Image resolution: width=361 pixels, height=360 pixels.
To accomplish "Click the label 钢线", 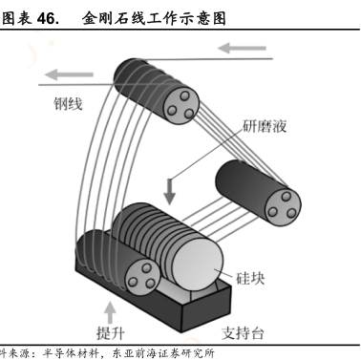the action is pos(68,104).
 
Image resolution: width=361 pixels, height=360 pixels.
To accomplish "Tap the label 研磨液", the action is pos(265,126).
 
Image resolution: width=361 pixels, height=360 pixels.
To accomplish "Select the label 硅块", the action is pos(250,279).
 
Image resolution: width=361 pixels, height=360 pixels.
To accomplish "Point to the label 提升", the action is pos(111,333).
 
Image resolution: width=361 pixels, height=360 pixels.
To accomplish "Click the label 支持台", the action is pos(243,333).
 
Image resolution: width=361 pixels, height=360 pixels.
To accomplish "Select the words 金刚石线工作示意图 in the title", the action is pos(154,18).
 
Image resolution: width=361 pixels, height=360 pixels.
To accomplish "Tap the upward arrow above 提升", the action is pos(111,313).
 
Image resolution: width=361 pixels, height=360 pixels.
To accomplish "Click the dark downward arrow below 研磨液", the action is pos(170,192).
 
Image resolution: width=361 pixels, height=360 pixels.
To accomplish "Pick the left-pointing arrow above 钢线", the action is pos(69,74).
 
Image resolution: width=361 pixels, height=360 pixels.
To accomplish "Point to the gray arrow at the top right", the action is pos(242,49).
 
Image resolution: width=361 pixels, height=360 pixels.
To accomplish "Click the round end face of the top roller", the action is pos(181,105).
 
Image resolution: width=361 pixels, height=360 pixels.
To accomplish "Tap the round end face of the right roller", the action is pos(283,204).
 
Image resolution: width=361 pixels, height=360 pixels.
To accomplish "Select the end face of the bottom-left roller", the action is pos(142,276).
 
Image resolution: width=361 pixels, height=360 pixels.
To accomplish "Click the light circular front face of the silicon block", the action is pos(198,264).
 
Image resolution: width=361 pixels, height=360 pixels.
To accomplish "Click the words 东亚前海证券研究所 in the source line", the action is pos(163,353).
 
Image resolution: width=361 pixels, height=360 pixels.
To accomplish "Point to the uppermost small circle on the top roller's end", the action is pos(184,95).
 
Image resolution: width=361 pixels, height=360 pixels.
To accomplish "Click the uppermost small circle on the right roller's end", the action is pos(287,196).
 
